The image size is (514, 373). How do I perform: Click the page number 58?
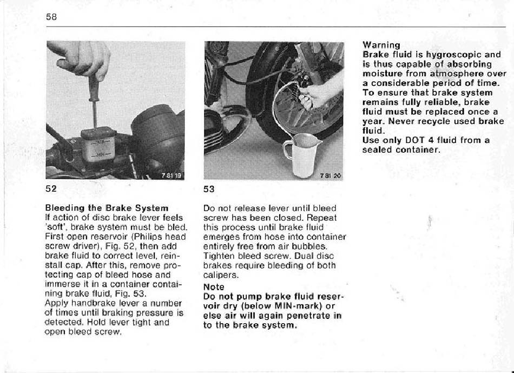click(51, 17)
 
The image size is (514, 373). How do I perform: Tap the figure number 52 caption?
click(51, 188)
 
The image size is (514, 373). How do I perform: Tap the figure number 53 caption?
click(209, 189)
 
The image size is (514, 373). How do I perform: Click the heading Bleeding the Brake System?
click(107, 208)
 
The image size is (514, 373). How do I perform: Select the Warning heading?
click(381, 45)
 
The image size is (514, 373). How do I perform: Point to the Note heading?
click(214, 287)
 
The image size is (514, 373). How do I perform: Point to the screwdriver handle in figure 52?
click(94, 88)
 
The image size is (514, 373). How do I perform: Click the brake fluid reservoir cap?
click(98, 133)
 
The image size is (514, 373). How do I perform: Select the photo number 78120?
click(331, 176)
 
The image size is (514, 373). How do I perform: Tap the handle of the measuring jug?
click(287, 151)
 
